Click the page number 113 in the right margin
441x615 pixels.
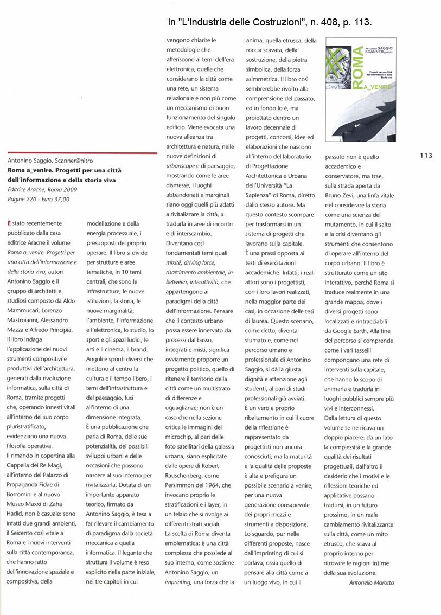point(426,156)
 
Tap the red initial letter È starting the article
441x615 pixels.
point(9,223)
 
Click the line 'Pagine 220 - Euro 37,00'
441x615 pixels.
point(39,199)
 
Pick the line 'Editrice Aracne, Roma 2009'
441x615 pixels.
point(43,189)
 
